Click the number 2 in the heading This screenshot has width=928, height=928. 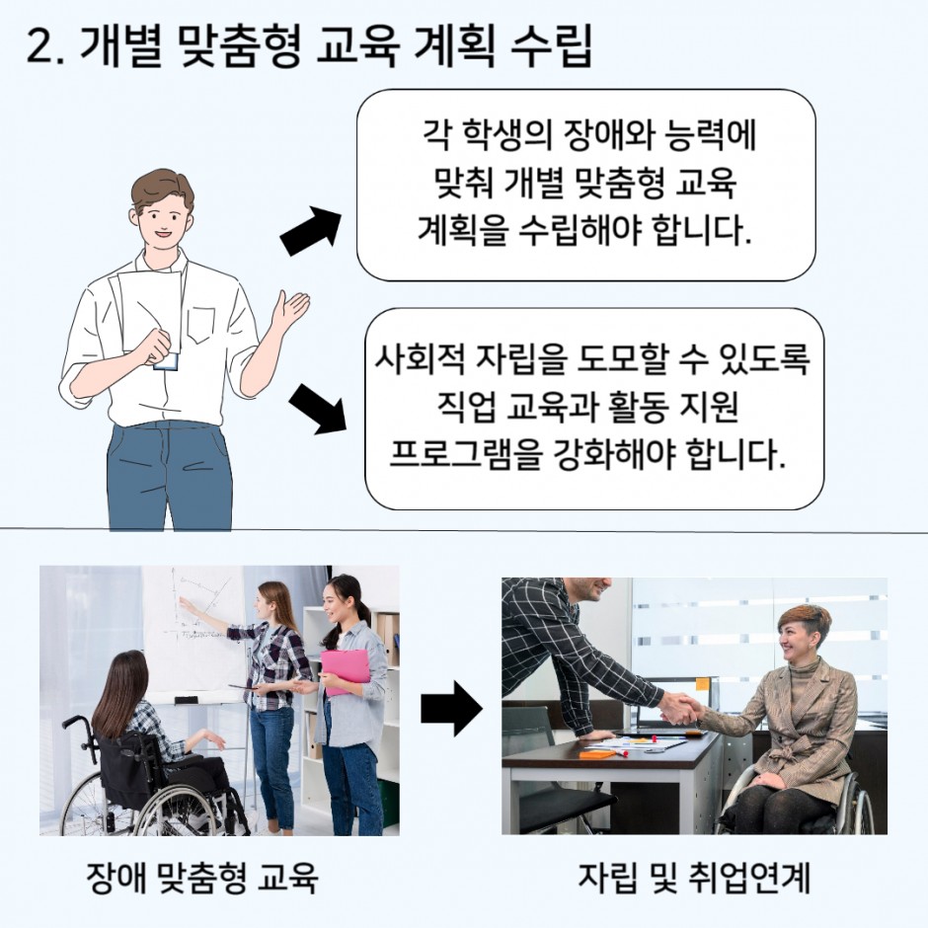(x=40, y=46)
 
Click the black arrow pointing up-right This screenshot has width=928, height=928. (x=311, y=231)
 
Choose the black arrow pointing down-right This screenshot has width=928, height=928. (x=317, y=409)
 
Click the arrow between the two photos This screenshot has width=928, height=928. (x=451, y=709)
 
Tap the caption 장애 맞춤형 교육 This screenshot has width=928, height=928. (x=202, y=878)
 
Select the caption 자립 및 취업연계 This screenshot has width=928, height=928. (x=694, y=878)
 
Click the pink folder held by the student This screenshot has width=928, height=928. (x=346, y=671)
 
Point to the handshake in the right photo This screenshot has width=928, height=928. (x=680, y=709)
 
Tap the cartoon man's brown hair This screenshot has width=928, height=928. (x=162, y=189)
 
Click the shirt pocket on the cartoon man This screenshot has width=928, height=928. (x=201, y=325)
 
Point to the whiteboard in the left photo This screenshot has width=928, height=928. (x=196, y=633)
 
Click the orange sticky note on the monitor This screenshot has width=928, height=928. (x=703, y=684)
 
